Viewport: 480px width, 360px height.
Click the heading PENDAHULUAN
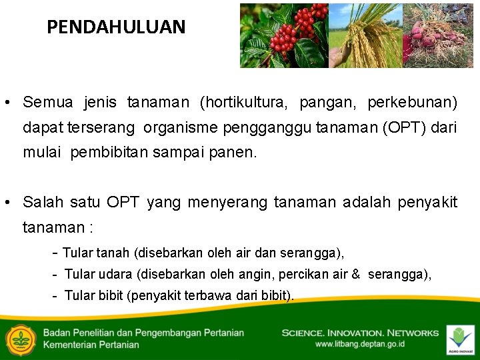116,27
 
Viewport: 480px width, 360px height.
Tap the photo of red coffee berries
284,35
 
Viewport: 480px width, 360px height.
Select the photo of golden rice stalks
365,35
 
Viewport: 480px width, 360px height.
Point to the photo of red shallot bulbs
437,35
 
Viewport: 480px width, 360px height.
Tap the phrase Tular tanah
97,253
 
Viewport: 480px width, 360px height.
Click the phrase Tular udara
98,275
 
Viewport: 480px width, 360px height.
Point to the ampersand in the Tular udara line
355,275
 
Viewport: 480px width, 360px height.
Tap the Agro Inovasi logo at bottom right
460,339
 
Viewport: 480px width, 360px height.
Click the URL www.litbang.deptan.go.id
359,344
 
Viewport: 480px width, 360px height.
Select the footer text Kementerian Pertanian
91,345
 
